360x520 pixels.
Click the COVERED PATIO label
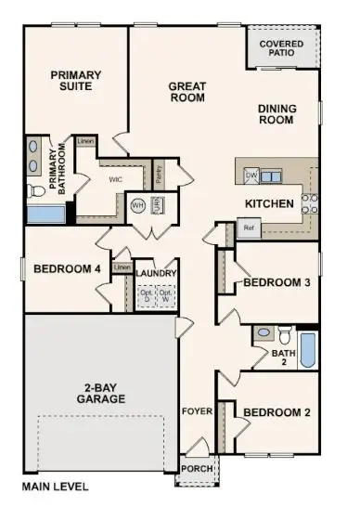tap(282, 48)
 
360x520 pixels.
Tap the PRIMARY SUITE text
tap(75, 81)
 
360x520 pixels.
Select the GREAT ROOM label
tap(186, 91)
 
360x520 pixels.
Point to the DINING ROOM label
tap(276, 114)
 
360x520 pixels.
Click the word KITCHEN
tap(269, 203)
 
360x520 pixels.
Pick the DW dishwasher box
tap(251, 175)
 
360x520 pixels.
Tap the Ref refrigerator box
tap(248, 227)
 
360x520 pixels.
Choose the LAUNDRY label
tap(155, 274)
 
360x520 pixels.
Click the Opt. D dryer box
tap(146, 296)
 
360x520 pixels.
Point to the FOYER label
tap(196, 410)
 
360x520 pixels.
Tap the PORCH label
tap(197, 468)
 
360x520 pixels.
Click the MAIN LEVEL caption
tap(57, 486)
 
